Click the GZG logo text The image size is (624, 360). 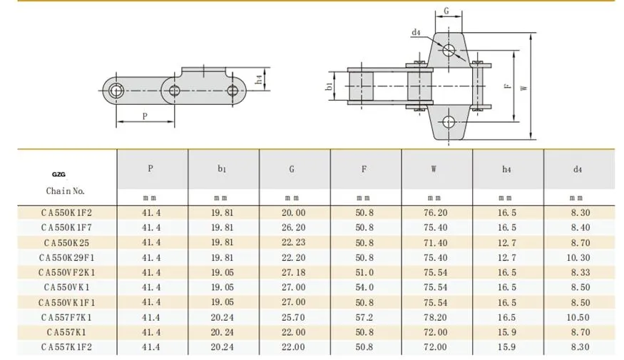point(58,173)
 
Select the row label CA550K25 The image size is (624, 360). point(65,242)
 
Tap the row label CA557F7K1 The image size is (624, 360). point(65,317)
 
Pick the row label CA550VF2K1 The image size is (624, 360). point(65,272)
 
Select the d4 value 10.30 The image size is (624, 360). point(578,257)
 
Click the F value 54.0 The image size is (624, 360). point(365,287)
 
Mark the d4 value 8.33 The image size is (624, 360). point(578,272)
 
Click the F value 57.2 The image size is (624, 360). point(365,317)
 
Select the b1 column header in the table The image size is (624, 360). point(223,170)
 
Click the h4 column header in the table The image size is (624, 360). point(507,170)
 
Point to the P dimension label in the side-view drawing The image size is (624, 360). point(145,116)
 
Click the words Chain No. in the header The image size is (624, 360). point(66,191)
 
